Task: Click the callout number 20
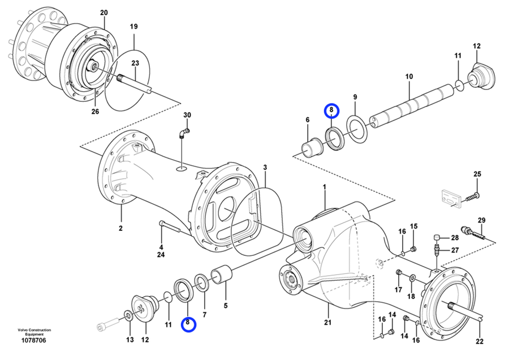point(104,12)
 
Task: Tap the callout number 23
point(135,63)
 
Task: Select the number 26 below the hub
point(95,112)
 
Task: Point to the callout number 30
point(187,115)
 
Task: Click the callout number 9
point(355,97)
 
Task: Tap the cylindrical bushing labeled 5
point(222,275)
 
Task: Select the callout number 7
point(205,315)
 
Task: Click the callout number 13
point(130,340)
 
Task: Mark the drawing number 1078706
point(33,341)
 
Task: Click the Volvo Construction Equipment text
point(34,332)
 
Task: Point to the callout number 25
point(477,174)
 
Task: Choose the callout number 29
point(481,220)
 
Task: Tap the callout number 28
point(455,238)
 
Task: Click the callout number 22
point(480,341)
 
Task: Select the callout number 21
point(328,322)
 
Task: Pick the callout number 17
point(398,290)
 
